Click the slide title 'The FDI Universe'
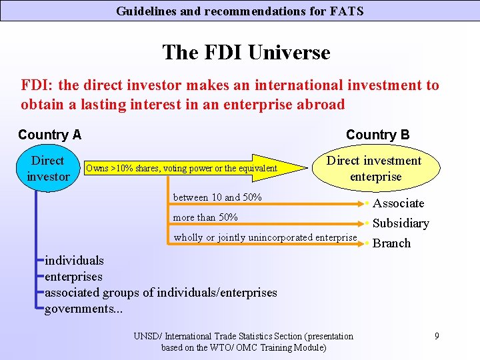point(246,52)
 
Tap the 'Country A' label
point(49,135)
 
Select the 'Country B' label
point(377,135)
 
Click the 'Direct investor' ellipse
point(48,169)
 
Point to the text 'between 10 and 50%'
point(217,197)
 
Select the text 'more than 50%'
point(205,217)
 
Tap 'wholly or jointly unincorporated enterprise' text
point(265,237)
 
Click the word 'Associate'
point(398,203)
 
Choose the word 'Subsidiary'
point(401,223)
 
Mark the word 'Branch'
point(391,243)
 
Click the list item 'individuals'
point(74,260)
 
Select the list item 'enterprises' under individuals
point(73,276)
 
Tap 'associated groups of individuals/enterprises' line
point(161,292)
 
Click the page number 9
point(436,336)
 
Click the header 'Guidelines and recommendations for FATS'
point(240,11)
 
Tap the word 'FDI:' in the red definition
point(37,85)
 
